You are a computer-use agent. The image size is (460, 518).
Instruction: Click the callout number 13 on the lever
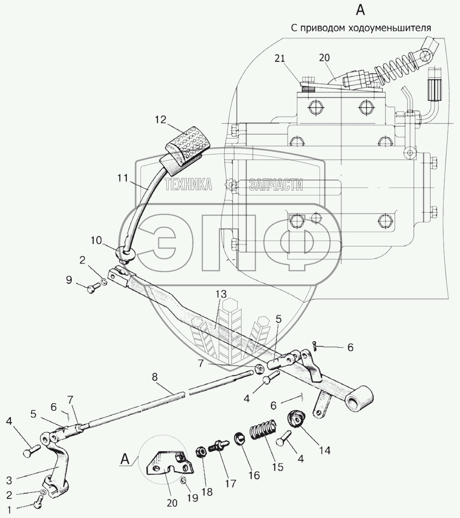coord(221,295)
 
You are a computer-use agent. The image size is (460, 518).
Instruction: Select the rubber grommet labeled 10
coord(125,253)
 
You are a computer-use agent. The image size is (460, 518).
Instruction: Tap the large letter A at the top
coord(361,10)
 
